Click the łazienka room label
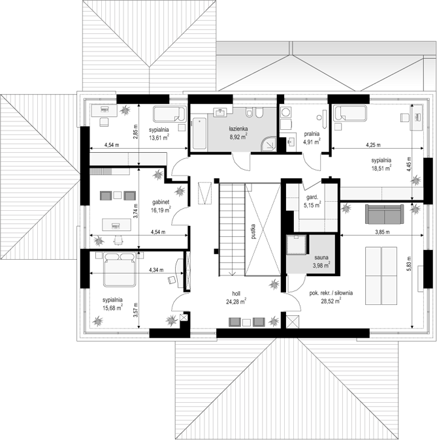coord(238,129)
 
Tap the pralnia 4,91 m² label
coord(312,138)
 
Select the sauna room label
coord(321,257)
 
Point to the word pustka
coord(253,231)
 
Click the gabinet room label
coord(161,202)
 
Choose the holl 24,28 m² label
coord(236,298)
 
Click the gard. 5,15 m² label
coord(312,201)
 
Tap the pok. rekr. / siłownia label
coord(331,293)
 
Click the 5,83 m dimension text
coord(409,264)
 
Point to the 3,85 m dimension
coord(382,232)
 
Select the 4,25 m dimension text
coord(373,145)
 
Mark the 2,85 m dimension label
coord(136,131)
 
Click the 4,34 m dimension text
coord(156,270)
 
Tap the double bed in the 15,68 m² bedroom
coord(120,270)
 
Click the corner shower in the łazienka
coord(269,144)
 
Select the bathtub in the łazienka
coord(199,133)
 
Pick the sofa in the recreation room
coord(384,214)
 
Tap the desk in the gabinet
coord(116,225)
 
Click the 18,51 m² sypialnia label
coord(381,164)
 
